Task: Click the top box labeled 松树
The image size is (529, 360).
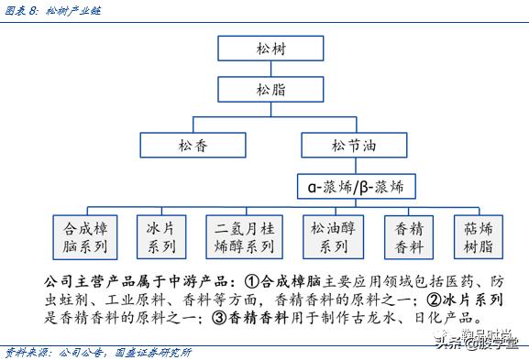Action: tap(265, 48)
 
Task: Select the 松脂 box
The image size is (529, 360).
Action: tap(265, 89)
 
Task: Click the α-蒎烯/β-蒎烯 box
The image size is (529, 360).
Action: tap(356, 187)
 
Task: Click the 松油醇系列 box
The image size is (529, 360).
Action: tap(333, 236)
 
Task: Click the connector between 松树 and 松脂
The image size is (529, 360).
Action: tap(265, 68)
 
